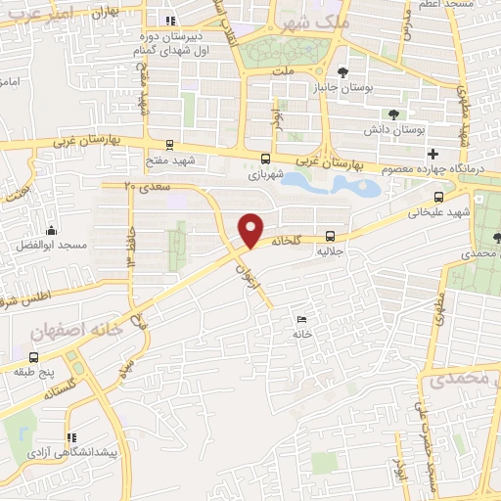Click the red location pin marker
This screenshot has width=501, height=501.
click(x=251, y=229)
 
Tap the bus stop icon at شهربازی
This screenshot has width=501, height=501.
click(x=265, y=158)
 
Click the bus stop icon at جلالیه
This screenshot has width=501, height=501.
click(x=330, y=236)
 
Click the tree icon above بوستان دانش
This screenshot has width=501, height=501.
click(x=393, y=114)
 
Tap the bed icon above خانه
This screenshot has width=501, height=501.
click(x=301, y=319)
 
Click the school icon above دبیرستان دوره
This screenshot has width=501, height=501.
click(x=171, y=20)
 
